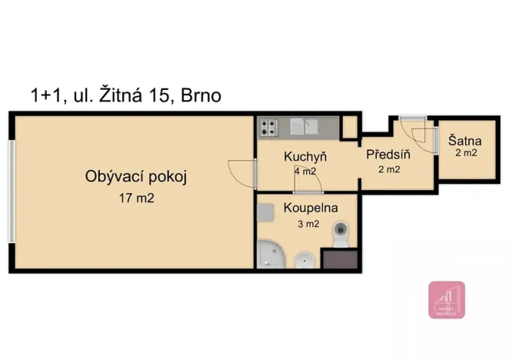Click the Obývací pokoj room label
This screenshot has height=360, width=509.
135,177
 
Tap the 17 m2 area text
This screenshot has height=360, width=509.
135,198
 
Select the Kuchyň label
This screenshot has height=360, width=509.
305,156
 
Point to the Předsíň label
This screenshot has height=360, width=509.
388,155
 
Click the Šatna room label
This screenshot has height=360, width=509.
465,141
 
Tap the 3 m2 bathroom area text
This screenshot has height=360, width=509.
308,225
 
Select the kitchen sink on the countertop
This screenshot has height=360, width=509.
304,126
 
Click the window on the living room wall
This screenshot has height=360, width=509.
11,191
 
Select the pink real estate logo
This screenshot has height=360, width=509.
446,300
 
